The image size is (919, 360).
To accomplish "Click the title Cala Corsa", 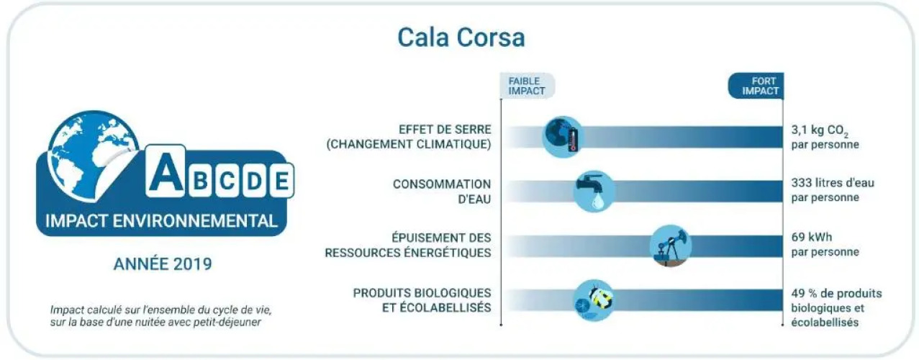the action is (x=461, y=37).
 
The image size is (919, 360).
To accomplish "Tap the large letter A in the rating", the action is (x=166, y=171).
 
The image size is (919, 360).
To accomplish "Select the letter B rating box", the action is (x=201, y=181).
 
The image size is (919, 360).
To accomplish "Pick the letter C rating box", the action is (x=227, y=181).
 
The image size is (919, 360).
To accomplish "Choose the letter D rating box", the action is (x=254, y=181).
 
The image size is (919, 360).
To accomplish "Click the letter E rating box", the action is (x=281, y=181).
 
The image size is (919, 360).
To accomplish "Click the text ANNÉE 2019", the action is (x=163, y=264).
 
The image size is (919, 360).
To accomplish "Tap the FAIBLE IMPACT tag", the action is (x=528, y=86).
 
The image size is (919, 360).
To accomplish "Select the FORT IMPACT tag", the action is (x=756, y=86).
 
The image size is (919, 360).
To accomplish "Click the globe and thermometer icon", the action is (x=562, y=137).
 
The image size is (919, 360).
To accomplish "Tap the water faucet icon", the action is (x=594, y=192).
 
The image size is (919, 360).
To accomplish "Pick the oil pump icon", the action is (x=671, y=246).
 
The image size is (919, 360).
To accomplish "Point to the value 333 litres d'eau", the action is (x=833, y=183).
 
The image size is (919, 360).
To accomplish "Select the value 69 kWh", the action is (x=812, y=237).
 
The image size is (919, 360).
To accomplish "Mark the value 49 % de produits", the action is (x=836, y=294).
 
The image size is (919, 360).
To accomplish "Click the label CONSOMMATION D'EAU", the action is (x=442, y=192).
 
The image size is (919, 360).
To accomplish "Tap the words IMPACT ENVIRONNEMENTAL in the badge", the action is (x=162, y=221).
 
